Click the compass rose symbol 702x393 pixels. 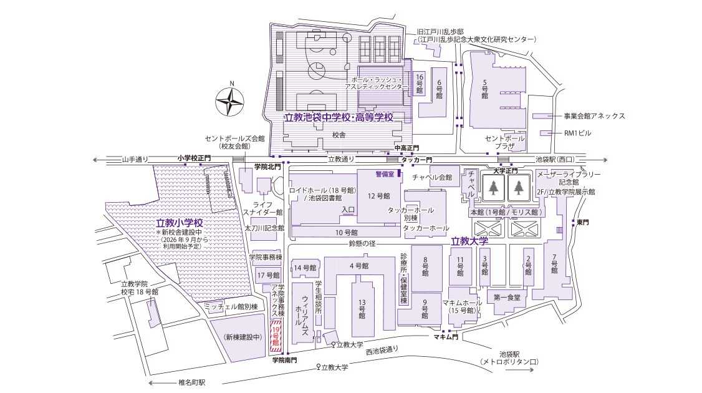pyautogui.click(x=229, y=101)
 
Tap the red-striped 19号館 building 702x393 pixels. pyautogui.click(x=276, y=336)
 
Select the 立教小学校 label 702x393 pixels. pyautogui.click(x=180, y=223)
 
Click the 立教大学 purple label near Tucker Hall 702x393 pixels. pyautogui.click(x=469, y=240)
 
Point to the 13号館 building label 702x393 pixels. pyautogui.click(x=362, y=307)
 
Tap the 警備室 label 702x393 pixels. pyautogui.click(x=385, y=174)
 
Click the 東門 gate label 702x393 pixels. pyautogui.click(x=582, y=222)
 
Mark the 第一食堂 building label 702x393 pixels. pyautogui.click(x=506, y=298)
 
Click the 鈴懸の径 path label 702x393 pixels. pyautogui.click(x=362, y=243)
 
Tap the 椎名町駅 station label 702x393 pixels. pyautogui.click(x=187, y=382)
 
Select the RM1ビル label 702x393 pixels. pyautogui.click(x=577, y=133)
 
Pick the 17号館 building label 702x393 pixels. pyautogui.click(x=268, y=274)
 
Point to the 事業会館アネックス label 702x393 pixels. pyautogui.click(x=594, y=116)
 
